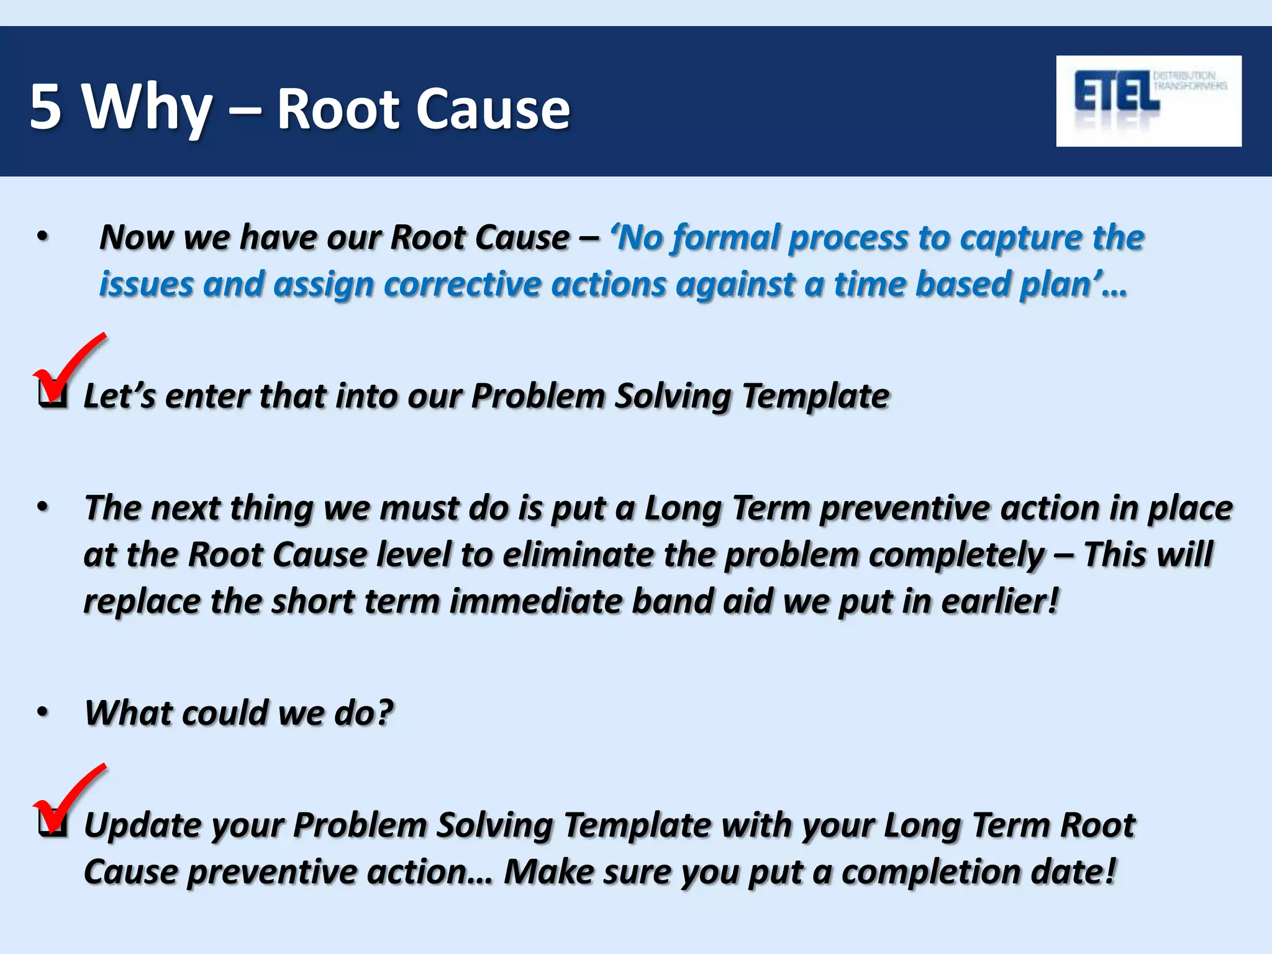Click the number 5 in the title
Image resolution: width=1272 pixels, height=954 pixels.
point(45,107)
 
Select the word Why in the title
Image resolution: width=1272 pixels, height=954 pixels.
point(148,109)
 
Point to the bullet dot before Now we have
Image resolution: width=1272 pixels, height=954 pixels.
point(42,237)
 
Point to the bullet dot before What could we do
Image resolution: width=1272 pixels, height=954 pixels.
point(42,712)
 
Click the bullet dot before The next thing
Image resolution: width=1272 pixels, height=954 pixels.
point(42,507)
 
